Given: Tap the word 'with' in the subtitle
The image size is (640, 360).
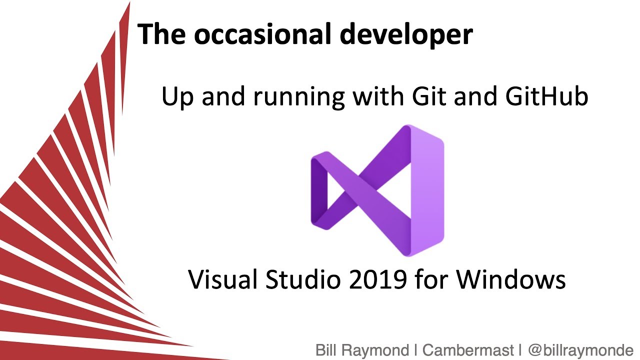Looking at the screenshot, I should (376, 96).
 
